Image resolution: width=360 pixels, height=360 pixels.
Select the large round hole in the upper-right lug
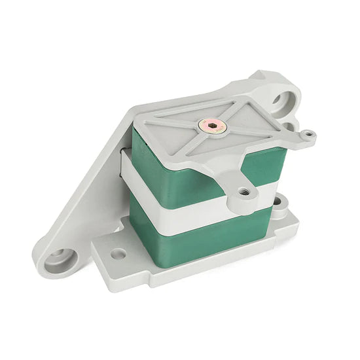(x=283, y=101)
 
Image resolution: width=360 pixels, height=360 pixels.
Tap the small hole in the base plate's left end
(x=118, y=253)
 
